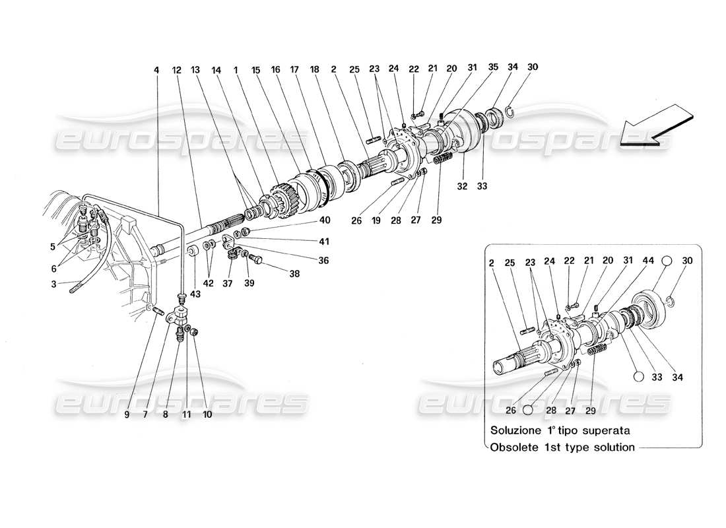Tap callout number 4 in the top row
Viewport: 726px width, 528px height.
[156, 69]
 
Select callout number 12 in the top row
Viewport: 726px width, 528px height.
[176, 69]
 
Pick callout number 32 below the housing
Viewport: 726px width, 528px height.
[462, 187]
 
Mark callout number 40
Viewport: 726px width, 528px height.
[325, 220]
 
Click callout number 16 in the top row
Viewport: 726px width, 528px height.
[275, 69]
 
